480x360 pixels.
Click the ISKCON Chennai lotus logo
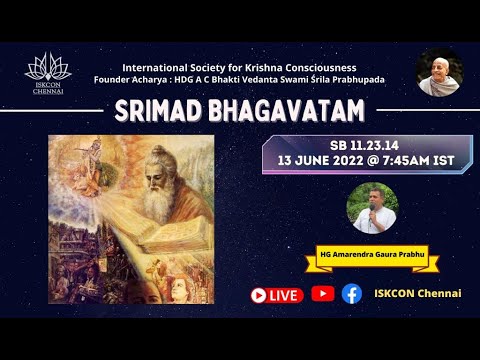[x=48, y=73]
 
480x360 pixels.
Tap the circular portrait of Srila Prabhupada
[x=438, y=73]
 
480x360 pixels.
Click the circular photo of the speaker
[x=371, y=207]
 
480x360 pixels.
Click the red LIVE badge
[x=276, y=295]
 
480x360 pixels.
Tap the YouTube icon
[x=322, y=294]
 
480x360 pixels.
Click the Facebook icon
[x=351, y=294]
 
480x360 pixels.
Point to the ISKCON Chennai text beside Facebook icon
[x=411, y=294]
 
